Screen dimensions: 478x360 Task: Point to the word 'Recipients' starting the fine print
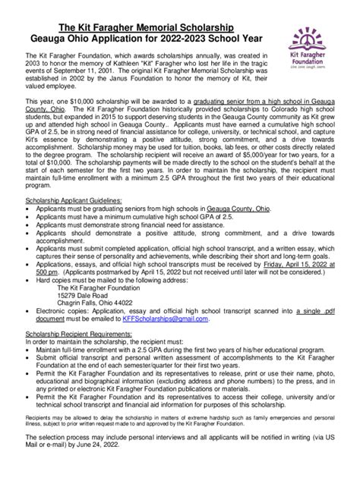(37, 417)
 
